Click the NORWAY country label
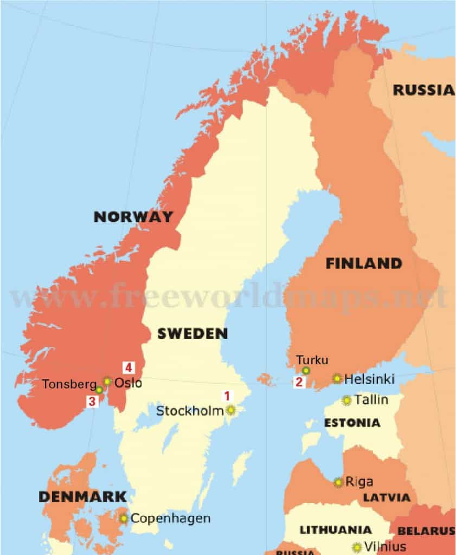click(x=133, y=217)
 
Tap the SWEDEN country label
click(x=192, y=333)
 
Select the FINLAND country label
click(x=364, y=264)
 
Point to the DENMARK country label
click(x=82, y=496)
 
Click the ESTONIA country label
click(x=352, y=423)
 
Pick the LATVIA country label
click(x=386, y=498)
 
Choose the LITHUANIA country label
click(x=336, y=530)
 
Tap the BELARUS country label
click(x=426, y=531)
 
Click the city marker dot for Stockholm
click(x=231, y=410)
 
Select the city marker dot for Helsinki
click(x=337, y=378)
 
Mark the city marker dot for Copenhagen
click(x=124, y=518)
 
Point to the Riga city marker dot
click(x=338, y=482)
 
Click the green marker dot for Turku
click(x=306, y=370)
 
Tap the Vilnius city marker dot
click(x=357, y=547)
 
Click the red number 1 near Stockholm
click(x=228, y=396)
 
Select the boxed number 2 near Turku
click(x=299, y=382)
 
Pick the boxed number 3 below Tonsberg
click(x=92, y=402)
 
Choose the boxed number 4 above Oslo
click(x=128, y=367)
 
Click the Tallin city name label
click(x=371, y=400)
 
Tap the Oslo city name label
click(x=129, y=383)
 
